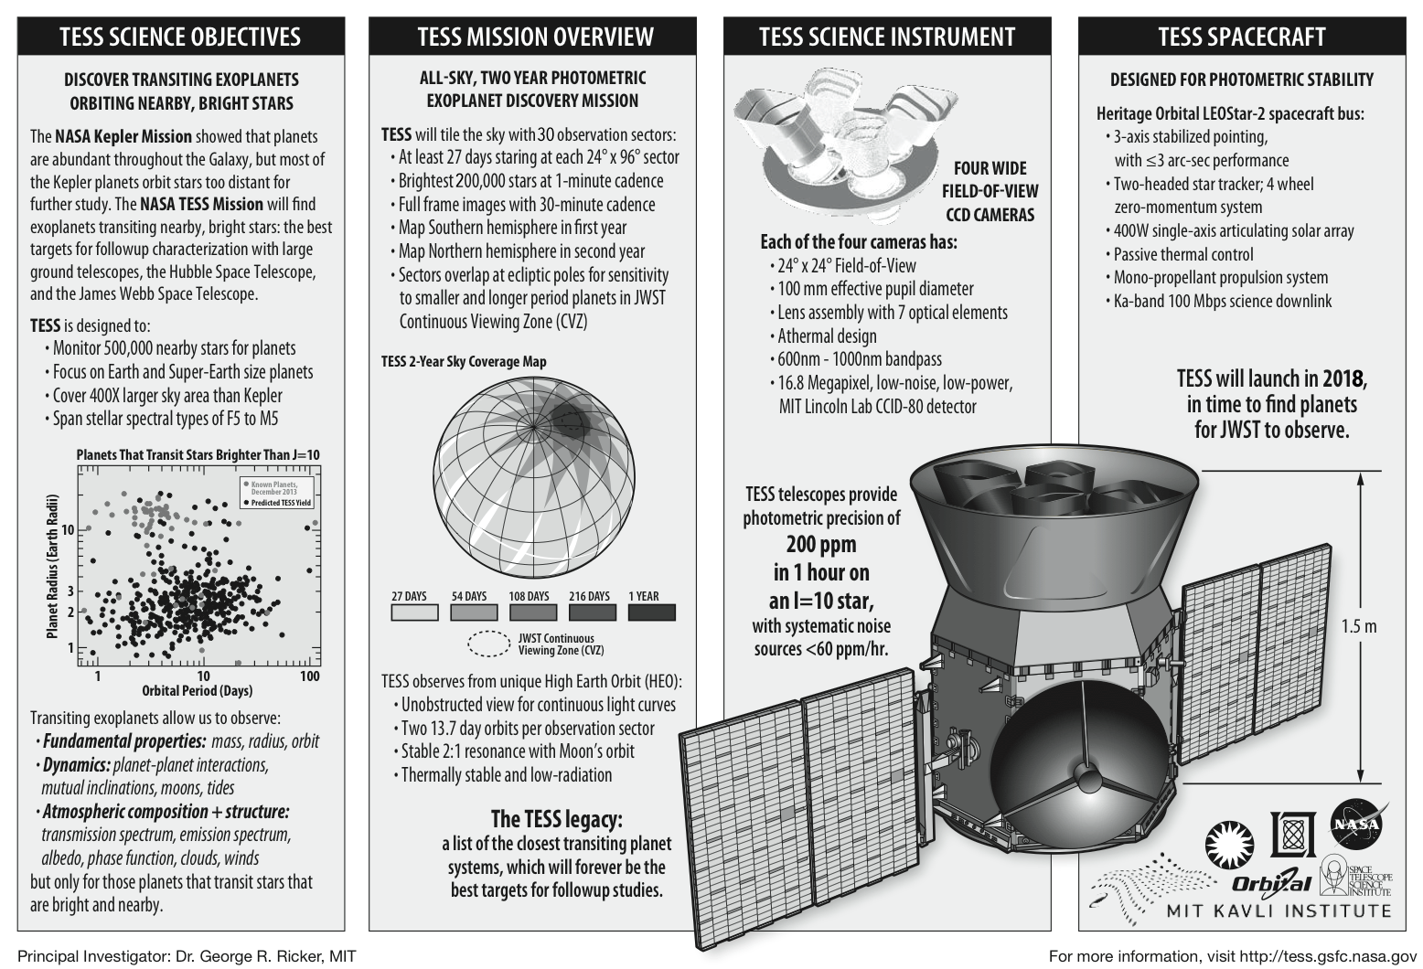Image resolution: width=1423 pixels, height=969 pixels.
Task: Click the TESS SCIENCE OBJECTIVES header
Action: [180, 37]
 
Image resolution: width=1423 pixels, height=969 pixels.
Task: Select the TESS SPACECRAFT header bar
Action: [1241, 37]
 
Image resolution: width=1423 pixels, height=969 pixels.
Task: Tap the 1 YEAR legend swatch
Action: [650, 612]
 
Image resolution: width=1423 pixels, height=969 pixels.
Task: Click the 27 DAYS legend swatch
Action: [414, 612]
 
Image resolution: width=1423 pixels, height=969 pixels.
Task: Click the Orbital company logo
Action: [1271, 882]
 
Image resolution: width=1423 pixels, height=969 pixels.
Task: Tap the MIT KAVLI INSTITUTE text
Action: [1278, 911]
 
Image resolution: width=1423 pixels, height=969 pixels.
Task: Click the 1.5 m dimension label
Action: [1358, 626]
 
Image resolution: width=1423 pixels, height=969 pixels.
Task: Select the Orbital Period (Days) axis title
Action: [198, 691]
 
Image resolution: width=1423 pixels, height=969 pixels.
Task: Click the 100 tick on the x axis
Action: [310, 676]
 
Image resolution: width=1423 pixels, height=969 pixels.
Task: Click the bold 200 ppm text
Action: [821, 545]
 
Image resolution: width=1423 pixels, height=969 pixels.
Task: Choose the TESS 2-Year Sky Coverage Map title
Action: [464, 361]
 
